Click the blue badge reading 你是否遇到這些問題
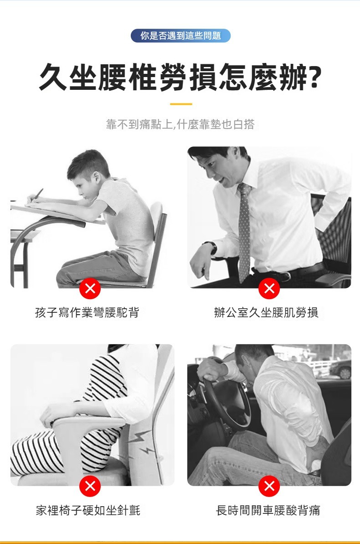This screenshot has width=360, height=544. coord(180,36)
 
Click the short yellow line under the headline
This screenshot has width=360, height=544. coord(181,104)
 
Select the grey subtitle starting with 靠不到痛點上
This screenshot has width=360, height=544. coord(180,124)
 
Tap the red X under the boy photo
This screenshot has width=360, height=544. coord(90,288)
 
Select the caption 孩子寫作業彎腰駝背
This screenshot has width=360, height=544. coord(87,312)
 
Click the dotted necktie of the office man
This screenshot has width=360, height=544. coord(245,228)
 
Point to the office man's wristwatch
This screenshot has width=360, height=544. coord(212,248)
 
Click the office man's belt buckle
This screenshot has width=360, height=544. coord(286,276)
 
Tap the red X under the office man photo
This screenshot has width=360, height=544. coord(269,288)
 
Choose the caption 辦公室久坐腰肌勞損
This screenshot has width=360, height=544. coord(266,312)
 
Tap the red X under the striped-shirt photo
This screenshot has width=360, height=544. coord(90,486)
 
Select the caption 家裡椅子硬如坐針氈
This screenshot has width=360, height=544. coord(88,510)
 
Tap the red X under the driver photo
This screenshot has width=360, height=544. coord(269,486)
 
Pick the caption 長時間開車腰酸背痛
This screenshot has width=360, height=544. coord(268,510)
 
